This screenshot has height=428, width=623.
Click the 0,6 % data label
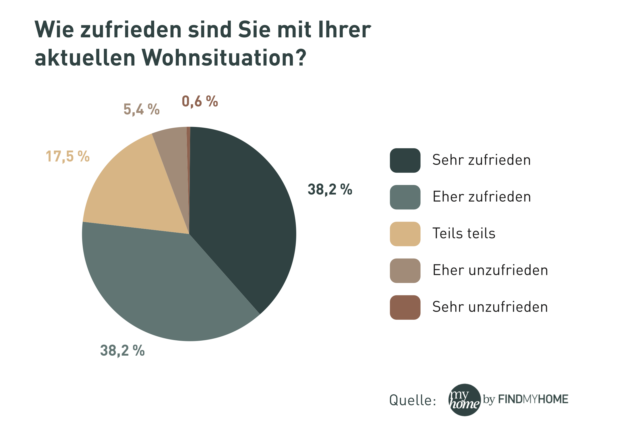point(200,101)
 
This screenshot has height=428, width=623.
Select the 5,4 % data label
point(141,109)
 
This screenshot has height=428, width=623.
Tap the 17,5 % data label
point(68,157)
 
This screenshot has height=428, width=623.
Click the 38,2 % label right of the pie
point(330,190)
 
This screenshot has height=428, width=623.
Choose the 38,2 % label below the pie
point(122,351)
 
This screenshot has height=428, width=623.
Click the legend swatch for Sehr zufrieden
point(405,160)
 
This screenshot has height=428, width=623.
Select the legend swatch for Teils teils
point(405,234)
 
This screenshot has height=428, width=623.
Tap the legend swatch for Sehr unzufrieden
point(405,307)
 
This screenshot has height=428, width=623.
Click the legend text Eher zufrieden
point(481,197)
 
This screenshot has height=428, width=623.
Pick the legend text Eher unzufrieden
point(490,271)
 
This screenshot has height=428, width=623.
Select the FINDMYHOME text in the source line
point(533,399)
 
